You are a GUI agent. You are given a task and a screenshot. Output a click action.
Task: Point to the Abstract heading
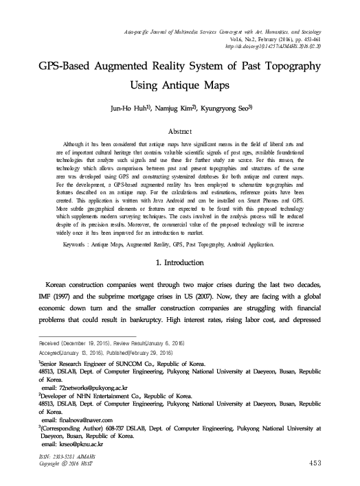pos(180,129)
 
